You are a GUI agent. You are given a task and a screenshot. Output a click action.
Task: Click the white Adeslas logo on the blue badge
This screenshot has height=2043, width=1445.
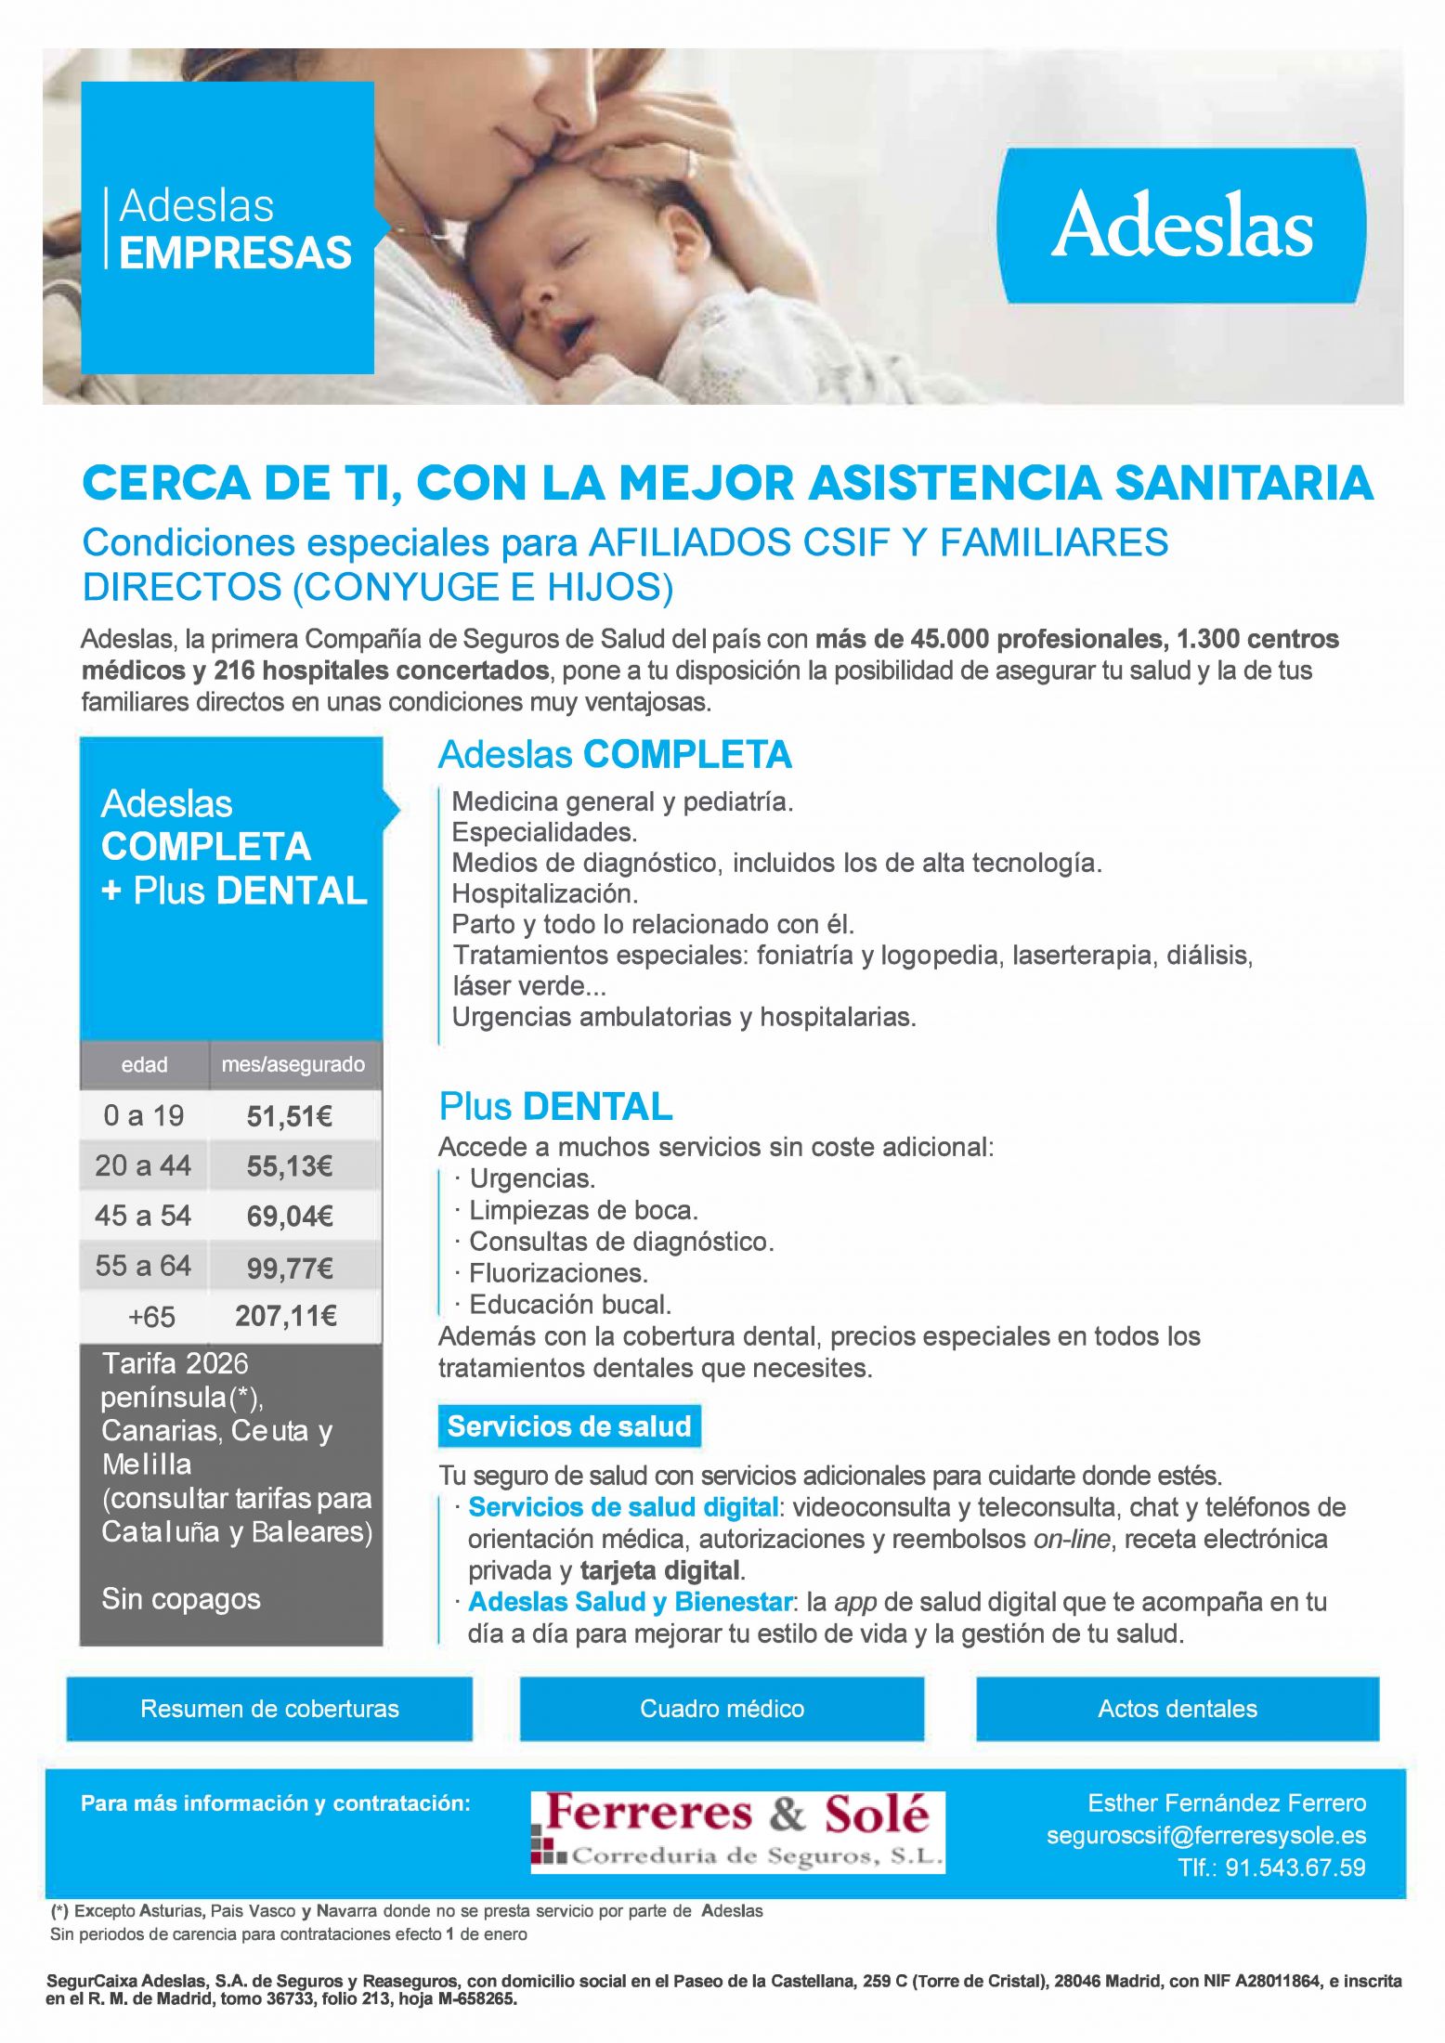1181,225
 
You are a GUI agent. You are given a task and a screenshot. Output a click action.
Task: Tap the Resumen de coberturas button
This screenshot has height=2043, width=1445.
269,1709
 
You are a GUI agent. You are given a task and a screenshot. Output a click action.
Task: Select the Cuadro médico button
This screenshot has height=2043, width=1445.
722,1709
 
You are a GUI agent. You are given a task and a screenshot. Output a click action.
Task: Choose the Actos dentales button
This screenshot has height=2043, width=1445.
1177,1709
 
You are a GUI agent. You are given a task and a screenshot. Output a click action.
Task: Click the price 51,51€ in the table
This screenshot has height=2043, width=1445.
290,1116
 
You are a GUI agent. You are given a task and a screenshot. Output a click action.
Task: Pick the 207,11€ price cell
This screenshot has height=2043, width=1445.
286,1316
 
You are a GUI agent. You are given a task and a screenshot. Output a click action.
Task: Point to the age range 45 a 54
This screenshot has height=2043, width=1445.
143,1216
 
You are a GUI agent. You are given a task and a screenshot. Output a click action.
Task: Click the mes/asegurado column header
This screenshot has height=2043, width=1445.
293,1064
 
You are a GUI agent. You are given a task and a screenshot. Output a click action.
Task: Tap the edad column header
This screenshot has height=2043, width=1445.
144,1064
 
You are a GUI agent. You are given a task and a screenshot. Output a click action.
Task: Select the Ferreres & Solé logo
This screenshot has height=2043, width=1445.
737,1832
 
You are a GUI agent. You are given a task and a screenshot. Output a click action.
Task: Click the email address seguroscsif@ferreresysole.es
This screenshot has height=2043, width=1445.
1205,1835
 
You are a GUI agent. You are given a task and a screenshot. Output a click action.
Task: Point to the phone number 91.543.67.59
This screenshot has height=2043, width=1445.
1295,1867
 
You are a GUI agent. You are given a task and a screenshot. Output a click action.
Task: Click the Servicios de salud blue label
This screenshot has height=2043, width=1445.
569,1426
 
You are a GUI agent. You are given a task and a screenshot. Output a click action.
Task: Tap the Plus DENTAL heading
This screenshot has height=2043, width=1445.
555,1107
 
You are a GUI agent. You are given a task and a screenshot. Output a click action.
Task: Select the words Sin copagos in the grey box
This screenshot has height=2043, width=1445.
181,1599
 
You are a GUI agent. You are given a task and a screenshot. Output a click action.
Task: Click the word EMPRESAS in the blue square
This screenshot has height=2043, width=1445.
236,253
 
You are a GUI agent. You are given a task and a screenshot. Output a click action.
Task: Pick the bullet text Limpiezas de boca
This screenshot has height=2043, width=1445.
583,1210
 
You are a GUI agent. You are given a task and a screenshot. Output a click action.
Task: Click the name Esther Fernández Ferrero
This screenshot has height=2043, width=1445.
1226,1803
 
